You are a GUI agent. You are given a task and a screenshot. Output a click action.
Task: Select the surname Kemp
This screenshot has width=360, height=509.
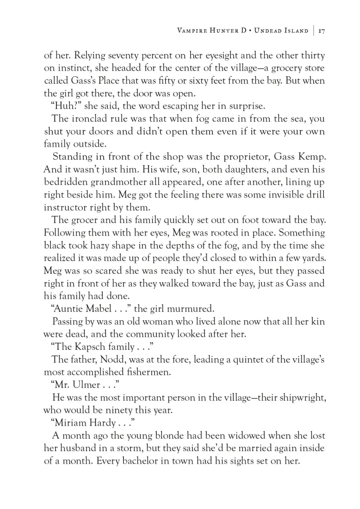coord(311,156)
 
